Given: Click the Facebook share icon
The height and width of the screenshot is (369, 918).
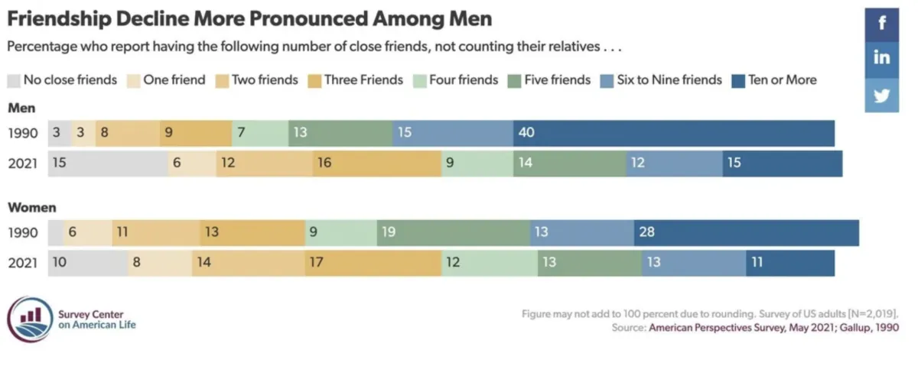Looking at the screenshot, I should point(881,23).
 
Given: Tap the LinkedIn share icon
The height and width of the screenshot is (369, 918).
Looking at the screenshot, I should point(881,58).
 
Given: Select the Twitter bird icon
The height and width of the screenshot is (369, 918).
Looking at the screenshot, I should point(881,95).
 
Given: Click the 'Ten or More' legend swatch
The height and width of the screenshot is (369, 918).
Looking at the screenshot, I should point(738,80).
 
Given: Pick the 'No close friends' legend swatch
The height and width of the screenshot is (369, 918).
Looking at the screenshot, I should point(14,80).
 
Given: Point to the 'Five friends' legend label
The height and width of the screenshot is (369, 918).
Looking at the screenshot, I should point(557,79).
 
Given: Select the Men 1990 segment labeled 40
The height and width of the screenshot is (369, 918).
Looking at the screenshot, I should point(673,133).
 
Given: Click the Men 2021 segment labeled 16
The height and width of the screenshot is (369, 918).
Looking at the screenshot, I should point(376,163).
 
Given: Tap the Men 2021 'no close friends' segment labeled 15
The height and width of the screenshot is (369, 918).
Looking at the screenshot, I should point(107,163).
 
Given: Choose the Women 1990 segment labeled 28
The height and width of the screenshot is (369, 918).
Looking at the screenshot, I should point(746,232).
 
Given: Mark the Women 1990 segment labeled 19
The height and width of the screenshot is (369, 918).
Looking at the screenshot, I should point(453,232).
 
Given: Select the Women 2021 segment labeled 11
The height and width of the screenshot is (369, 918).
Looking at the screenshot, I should point(789,263).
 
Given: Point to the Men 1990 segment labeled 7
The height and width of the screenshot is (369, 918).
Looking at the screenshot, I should point(259,133).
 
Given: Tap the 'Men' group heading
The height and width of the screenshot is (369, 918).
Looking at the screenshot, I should point(21,108).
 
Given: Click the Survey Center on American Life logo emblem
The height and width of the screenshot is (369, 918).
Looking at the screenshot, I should point(31,319).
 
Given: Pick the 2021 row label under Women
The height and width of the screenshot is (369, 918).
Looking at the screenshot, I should point(23,263).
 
